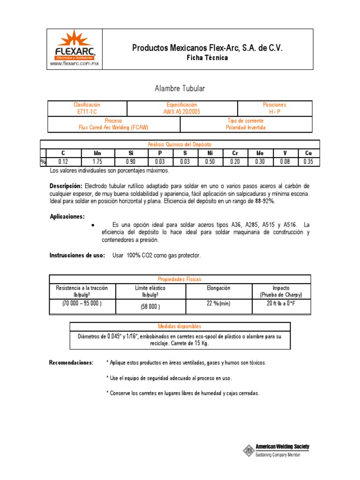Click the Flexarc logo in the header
click(75, 45)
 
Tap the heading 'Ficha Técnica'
click(207, 58)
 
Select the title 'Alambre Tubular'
click(180, 88)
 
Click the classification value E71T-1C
click(87, 112)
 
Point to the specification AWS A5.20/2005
click(182, 112)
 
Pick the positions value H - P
click(275, 112)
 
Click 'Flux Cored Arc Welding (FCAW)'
click(114, 127)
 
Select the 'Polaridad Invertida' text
click(247, 127)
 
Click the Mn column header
click(97, 153)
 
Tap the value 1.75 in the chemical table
click(97, 162)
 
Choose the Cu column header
click(308, 153)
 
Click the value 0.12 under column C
click(63, 162)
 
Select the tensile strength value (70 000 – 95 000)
click(82, 304)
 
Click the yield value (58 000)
click(150, 307)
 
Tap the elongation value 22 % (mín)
click(218, 304)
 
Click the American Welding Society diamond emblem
click(248, 450)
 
